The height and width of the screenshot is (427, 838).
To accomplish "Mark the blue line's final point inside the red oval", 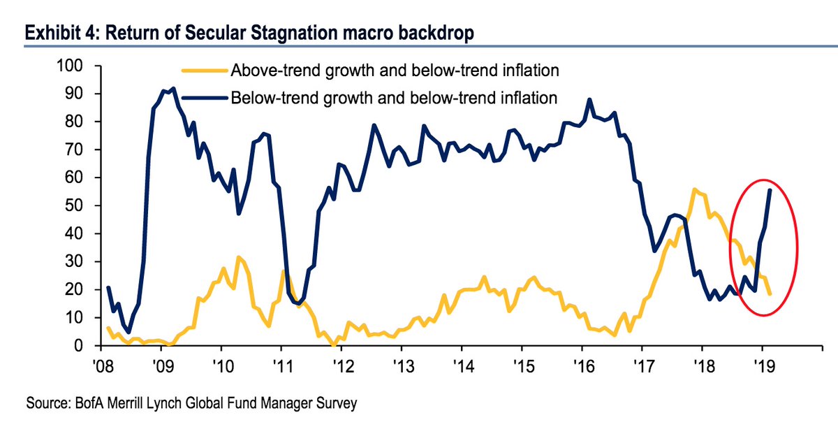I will [x=770, y=190].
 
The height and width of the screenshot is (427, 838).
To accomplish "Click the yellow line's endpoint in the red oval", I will [x=770, y=294].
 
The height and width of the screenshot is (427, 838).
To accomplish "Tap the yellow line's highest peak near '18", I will [x=693, y=189].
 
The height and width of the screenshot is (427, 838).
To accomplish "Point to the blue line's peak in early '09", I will [x=172, y=89].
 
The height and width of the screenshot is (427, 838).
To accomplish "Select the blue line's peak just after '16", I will [x=590, y=99].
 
